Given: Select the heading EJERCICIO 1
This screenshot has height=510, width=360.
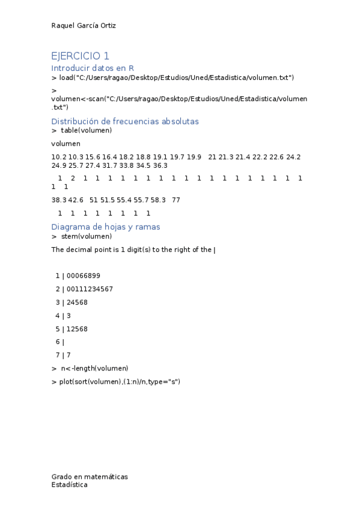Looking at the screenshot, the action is click(x=81, y=56).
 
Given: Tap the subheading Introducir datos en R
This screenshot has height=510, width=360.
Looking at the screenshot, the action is click(x=92, y=69).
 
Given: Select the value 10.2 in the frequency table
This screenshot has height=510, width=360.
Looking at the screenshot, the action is click(x=58, y=157).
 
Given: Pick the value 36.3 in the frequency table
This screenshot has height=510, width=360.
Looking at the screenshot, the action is click(x=160, y=165).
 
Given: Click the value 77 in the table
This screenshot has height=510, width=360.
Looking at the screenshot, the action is click(x=175, y=200).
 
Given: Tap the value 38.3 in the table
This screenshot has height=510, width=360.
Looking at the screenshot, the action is click(x=58, y=200).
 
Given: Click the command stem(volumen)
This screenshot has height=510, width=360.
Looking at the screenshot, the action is click(x=86, y=236).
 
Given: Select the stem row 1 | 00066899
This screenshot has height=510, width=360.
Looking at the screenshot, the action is click(x=78, y=275).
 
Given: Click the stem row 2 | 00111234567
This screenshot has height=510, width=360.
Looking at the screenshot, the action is click(x=84, y=289).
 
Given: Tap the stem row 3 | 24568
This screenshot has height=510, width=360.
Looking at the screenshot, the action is click(x=72, y=302).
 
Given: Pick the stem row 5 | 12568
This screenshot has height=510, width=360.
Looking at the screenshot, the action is click(x=72, y=328).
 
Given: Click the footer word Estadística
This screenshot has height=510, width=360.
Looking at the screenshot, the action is click(x=69, y=484).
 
